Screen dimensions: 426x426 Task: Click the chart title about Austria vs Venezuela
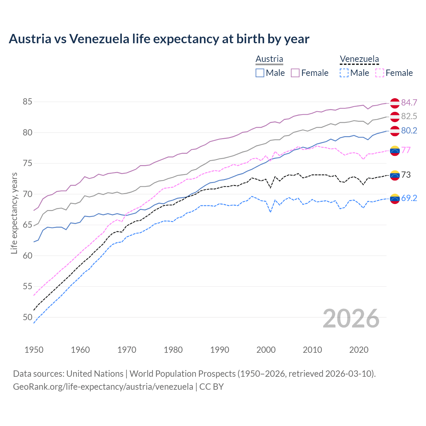(x=159, y=39)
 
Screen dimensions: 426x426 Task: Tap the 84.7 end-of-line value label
(x=409, y=103)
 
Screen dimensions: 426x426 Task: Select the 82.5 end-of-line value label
(x=409, y=116)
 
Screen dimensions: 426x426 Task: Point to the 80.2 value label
(x=409, y=130)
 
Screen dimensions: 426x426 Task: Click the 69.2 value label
(x=409, y=198)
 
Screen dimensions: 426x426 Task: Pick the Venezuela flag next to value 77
(x=395, y=150)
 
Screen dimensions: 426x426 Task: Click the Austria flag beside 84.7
(x=395, y=103)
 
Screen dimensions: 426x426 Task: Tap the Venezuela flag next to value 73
(x=395, y=175)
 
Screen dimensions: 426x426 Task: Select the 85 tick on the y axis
(x=27, y=102)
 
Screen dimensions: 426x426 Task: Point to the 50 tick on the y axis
(x=27, y=317)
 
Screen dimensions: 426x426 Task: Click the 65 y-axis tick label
(x=27, y=225)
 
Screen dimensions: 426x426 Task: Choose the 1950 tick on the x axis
(x=34, y=350)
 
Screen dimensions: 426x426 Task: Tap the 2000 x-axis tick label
(x=266, y=350)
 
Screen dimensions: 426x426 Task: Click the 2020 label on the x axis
(x=359, y=350)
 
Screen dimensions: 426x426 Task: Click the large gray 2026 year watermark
(x=351, y=319)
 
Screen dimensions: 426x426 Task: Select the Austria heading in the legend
(x=269, y=59)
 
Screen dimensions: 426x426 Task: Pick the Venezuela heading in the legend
(x=359, y=59)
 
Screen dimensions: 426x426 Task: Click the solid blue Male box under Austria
(x=260, y=73)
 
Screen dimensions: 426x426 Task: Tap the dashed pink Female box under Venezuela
(x=379, y=73)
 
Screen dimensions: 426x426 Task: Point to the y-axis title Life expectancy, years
(x=14, y=213)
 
